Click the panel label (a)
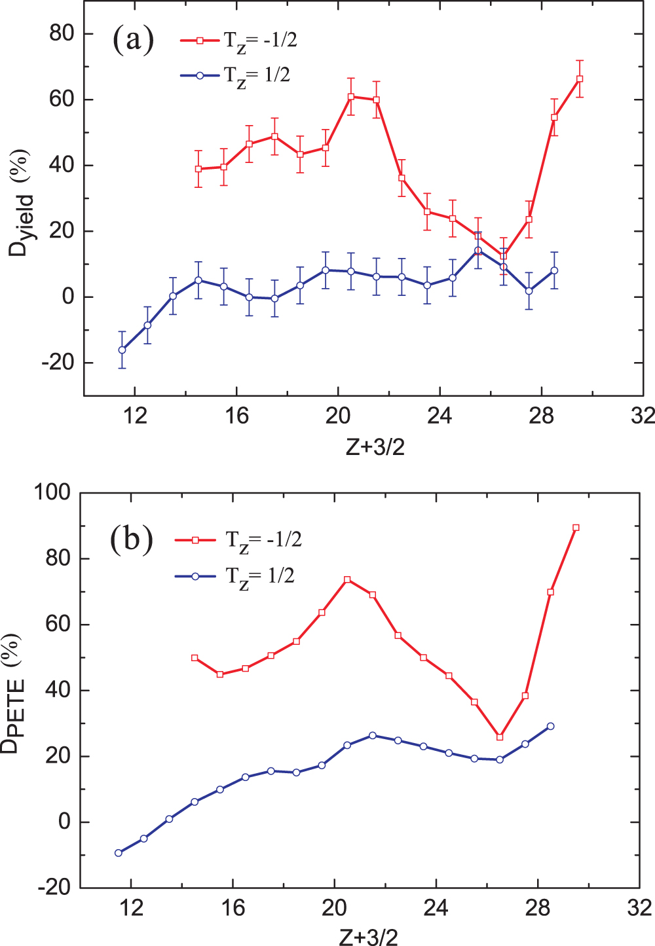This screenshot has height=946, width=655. tap(133, 41)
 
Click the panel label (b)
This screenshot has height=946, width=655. tap(132, 540)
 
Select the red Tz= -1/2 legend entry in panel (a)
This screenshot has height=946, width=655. tap(239, 41)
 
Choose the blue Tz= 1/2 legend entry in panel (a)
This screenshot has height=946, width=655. tap(235, 76)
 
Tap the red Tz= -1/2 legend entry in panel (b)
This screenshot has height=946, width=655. tap(238, 540)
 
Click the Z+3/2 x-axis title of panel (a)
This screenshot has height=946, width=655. tap(375, 447)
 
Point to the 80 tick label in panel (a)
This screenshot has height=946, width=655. tap(62, 33)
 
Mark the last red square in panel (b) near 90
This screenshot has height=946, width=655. tap(576, 528)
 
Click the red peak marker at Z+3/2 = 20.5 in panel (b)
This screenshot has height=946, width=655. tap(347, 579)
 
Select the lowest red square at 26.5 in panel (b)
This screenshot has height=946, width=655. tap(500, 737)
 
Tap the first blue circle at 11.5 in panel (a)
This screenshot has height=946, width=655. tap(122, 350)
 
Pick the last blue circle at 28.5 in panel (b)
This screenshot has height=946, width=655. tap(550, 726)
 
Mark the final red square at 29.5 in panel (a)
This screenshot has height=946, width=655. tap(580, 79)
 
